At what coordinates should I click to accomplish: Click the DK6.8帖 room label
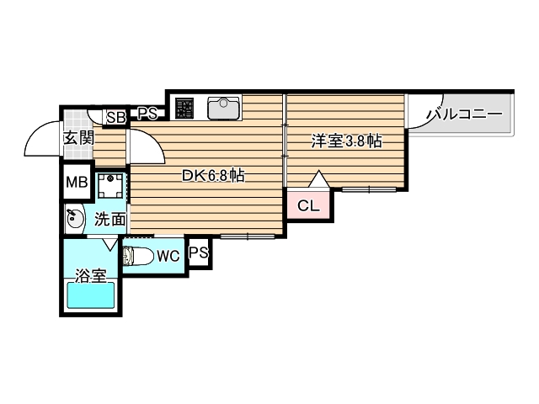(214, 176)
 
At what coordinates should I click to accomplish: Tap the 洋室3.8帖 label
(346, 141)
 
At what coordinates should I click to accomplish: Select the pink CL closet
(307, 205)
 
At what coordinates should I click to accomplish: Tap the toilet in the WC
(140, 256)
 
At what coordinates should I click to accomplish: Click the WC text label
(168, 257)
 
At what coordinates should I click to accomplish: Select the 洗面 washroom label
(109, 221)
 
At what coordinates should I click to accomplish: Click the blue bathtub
(91, 296)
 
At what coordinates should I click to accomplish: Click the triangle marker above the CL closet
(318, 179)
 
